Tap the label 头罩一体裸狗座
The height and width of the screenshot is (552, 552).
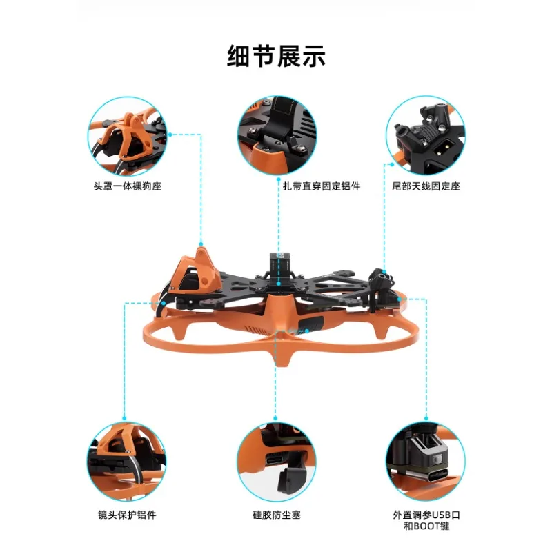pyautogui.click(x=128, y=186)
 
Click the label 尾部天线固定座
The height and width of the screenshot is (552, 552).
pyautogui.click(x=426, y=186)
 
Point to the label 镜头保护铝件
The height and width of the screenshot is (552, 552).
pyautogui.click(x=127, y=515)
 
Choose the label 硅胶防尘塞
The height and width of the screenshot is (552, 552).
pyautogui.click(x=276, y=515)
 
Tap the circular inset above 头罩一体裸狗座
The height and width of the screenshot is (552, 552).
pyautogui.click(x=128, y=135)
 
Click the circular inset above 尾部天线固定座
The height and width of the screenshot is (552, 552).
pyautogui.click(x=425, y=135)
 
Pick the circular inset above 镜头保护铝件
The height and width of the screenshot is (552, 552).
pyautogui.click(x=128, y=460)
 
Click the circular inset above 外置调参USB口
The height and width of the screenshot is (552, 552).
pyautogui.click(x=425, y=460)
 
